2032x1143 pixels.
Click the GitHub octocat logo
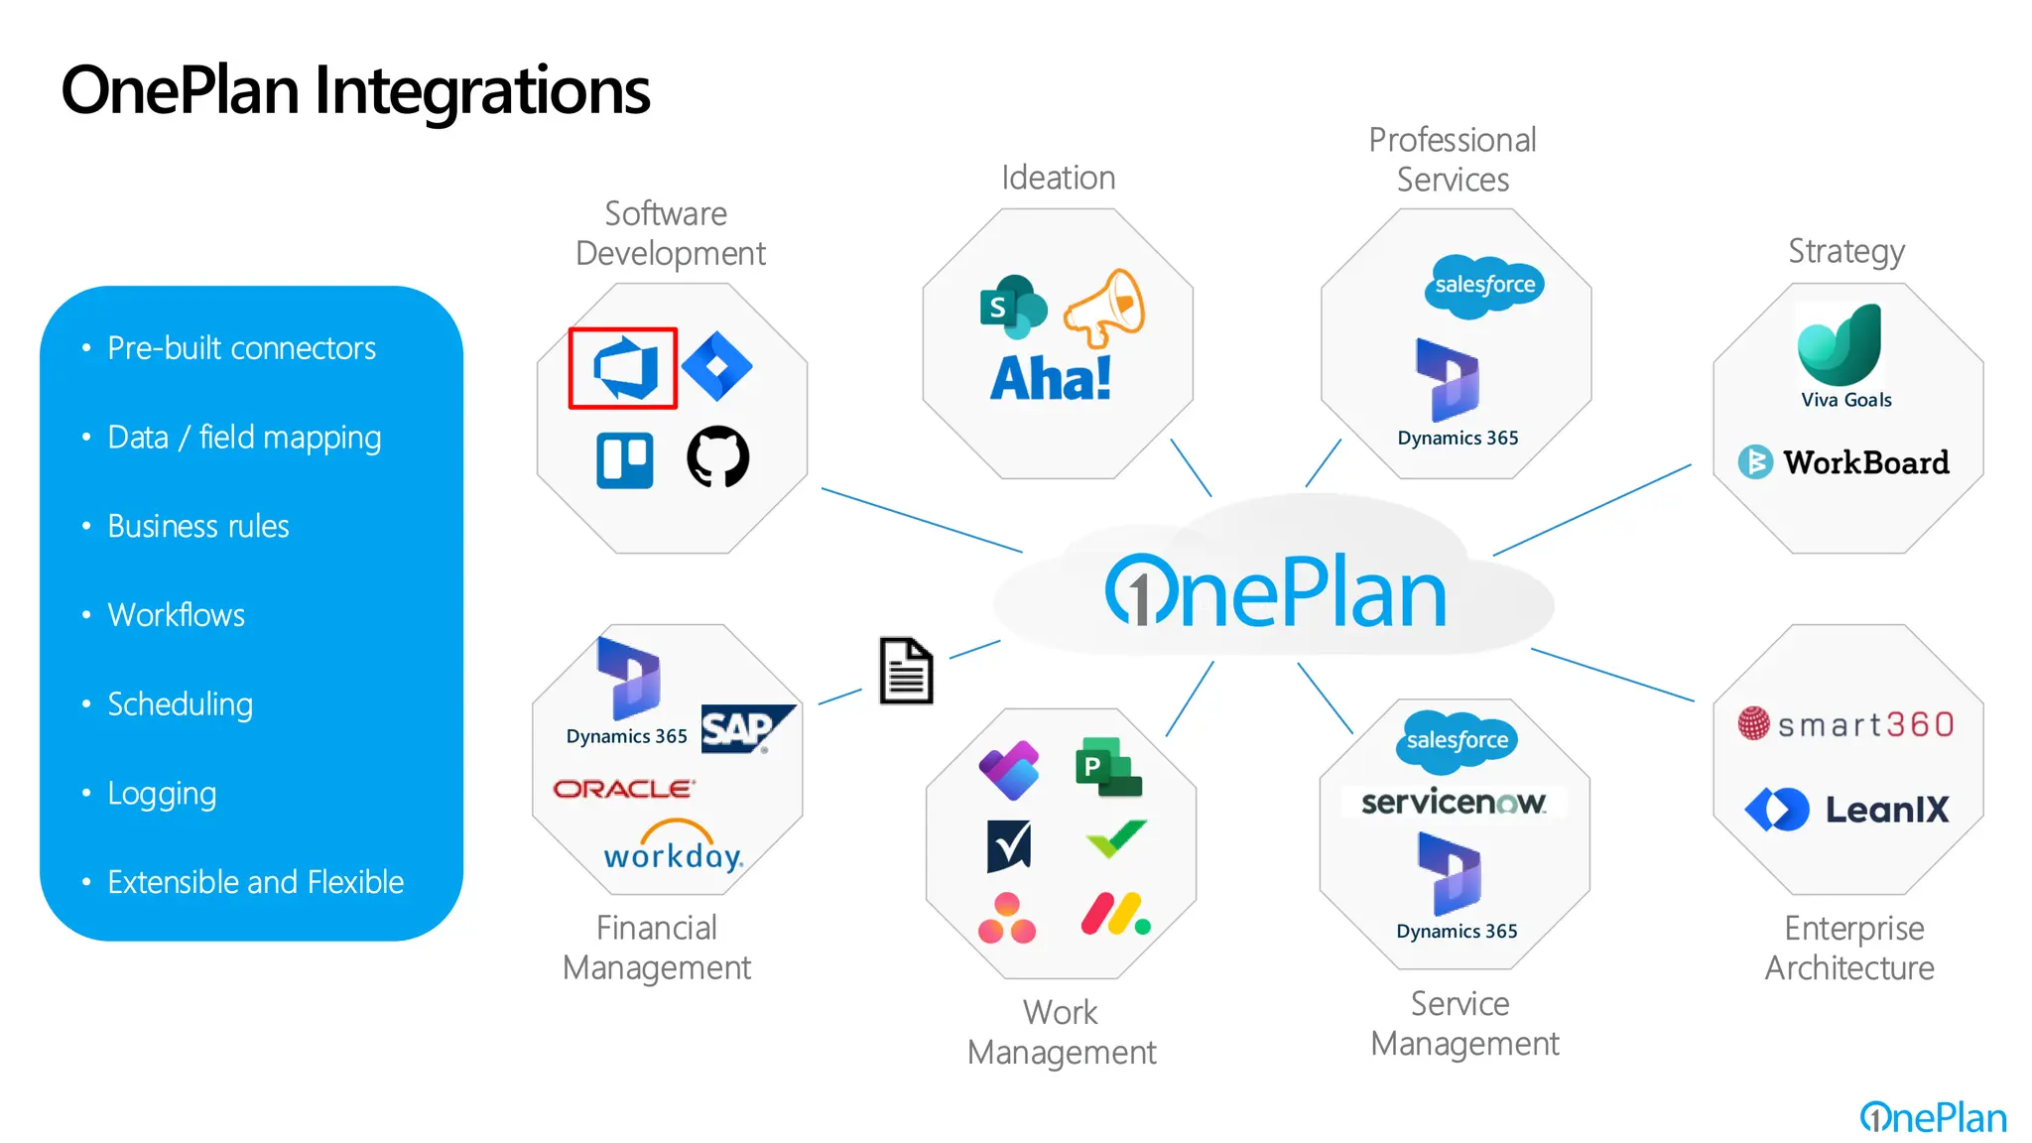point(717,456)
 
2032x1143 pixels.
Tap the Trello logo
point(625,460)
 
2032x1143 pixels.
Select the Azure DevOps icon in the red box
point(624,368)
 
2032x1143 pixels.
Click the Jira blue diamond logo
point(717,366)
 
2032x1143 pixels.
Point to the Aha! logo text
point(1051,379)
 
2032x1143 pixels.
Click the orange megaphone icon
point(1104,308)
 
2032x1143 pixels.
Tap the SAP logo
point(746,729)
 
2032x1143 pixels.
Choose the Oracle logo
point(624,789)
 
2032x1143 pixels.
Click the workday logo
point(674,848)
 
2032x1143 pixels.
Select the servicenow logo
point(1454,802)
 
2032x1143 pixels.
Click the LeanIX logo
point(1847,810)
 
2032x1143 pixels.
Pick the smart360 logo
point(1846,724)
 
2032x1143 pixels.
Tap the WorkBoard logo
point(1844,462)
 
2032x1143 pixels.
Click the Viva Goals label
point(1845,400)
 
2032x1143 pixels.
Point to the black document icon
point(906,671)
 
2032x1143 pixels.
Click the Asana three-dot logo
point(1006,919)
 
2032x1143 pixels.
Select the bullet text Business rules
point(197,526)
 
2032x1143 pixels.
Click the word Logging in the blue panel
point(162,794)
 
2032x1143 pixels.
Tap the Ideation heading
point(1058,178)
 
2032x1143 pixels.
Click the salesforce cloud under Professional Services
point(1484,286)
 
